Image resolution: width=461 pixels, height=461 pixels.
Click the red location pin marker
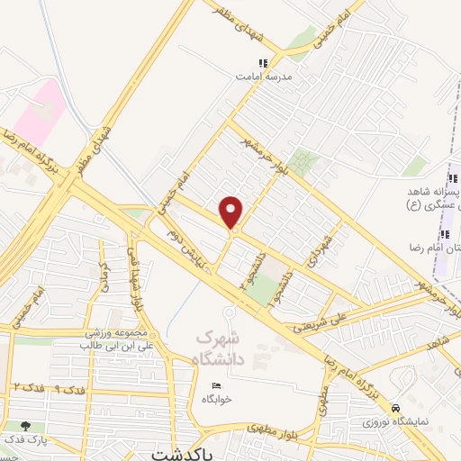(x=232, y=212)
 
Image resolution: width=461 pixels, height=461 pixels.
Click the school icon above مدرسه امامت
(x=263, y=63)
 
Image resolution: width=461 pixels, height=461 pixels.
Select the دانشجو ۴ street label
(x=245, y=276)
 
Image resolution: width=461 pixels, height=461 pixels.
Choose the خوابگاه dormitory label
(x=217, y=398)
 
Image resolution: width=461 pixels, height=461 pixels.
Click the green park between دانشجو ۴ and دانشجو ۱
(x=263, y=290)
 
